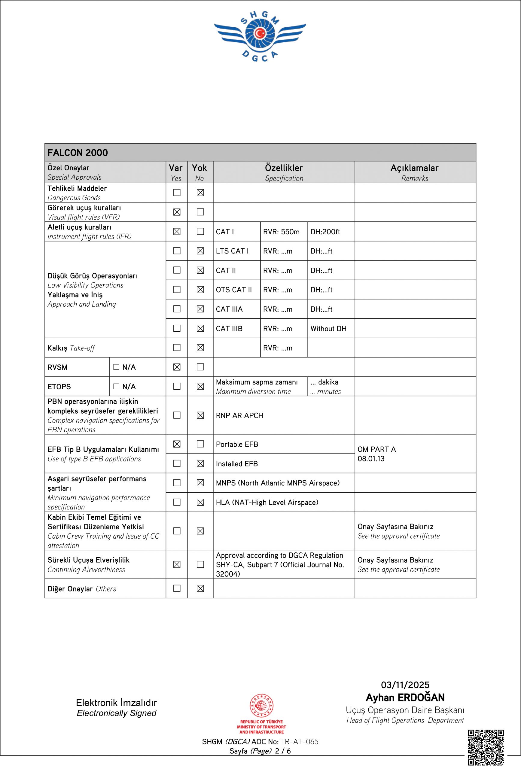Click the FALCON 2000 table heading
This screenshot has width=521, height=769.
(x=78, y=153)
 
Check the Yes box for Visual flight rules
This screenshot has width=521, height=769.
(x=177, y=212)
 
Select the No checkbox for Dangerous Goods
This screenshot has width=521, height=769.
(x=200, y=193)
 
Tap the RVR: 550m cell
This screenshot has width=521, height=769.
(x=281, y=232)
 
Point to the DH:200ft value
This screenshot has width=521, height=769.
(x=325, y=232)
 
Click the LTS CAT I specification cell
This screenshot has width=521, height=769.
(x=232, y=251)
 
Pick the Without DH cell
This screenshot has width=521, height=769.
(x=328, y=329)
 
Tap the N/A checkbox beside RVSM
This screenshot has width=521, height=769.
(x=116, y=367)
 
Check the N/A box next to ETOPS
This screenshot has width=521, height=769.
(x=116, y=386)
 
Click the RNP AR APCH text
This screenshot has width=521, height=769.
(x=239, y=415)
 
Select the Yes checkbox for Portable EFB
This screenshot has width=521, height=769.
(x=177, y=444)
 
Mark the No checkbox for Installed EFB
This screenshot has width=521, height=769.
(x=200, y=464)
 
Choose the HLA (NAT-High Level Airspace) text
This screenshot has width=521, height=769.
(x=267, y=502)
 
